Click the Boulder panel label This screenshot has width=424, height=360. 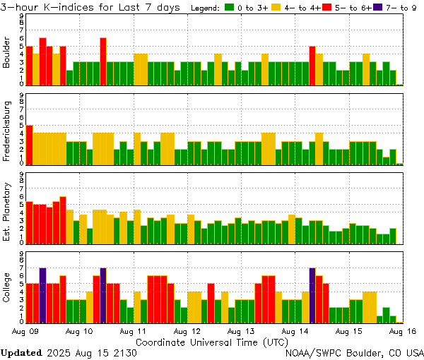click(x=7, y=53)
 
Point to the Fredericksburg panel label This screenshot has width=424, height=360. click(x=7, y=132)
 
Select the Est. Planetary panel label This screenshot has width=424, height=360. click(x=7, y=211)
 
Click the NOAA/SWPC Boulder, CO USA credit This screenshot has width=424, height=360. click(x=354, y=352)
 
